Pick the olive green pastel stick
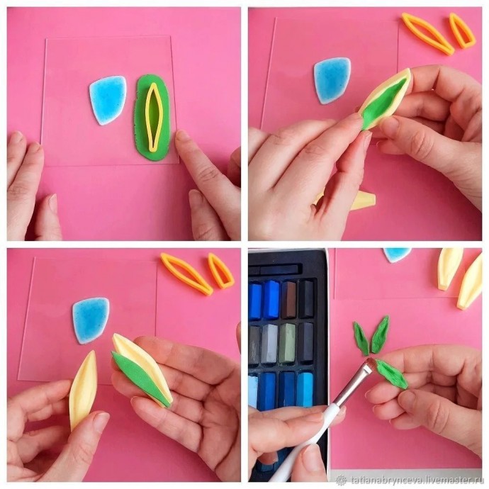[x=287, y=343]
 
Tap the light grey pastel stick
[x=269, y=343]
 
